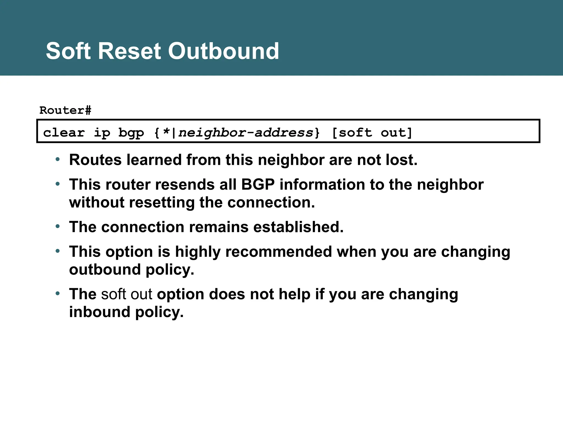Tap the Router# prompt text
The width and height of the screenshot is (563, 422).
click(x=65, y=110)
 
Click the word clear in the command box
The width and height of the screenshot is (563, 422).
click(x=64, y=133)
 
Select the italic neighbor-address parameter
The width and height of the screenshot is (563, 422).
click(x=245, y=133)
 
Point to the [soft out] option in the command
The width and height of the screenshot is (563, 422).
click(x=372, y=133)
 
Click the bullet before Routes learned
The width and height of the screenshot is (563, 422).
click(x=57, y=160)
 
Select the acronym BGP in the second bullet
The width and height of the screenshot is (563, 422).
click(x=258, y=184)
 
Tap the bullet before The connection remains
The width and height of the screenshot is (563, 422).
click(x=57, y=227)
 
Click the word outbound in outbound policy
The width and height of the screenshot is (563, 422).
click(x=105, y=270)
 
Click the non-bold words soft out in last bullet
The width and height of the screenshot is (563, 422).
click(x=126, y=294)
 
